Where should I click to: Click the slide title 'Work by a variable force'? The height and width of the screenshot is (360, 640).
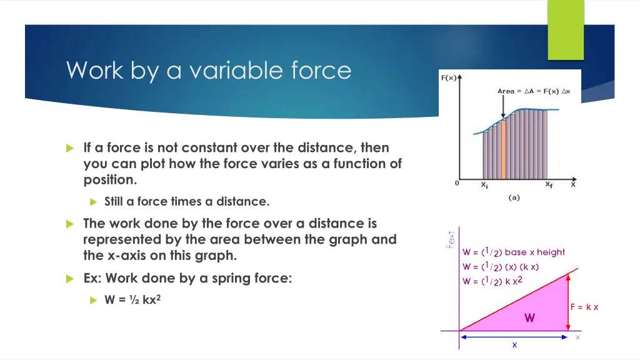209,70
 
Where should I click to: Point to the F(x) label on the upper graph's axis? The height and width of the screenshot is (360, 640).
447,78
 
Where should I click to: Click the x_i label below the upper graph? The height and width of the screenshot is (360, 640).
484,185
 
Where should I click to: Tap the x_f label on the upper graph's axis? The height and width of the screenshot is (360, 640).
549,185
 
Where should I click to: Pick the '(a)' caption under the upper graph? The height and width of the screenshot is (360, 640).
514,197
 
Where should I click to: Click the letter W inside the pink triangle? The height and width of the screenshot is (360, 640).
529,318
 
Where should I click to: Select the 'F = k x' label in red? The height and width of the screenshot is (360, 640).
584,307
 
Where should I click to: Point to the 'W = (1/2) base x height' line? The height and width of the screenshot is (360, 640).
513,252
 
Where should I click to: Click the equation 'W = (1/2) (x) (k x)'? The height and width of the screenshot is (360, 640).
501,267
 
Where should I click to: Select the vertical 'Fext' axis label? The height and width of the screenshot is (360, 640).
449,238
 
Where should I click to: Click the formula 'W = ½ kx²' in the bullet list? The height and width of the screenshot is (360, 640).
134,299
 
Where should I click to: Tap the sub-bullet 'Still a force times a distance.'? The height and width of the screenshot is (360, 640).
186,201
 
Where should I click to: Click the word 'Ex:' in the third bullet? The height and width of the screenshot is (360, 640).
94,279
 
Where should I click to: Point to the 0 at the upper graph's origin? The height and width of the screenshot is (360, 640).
457,184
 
